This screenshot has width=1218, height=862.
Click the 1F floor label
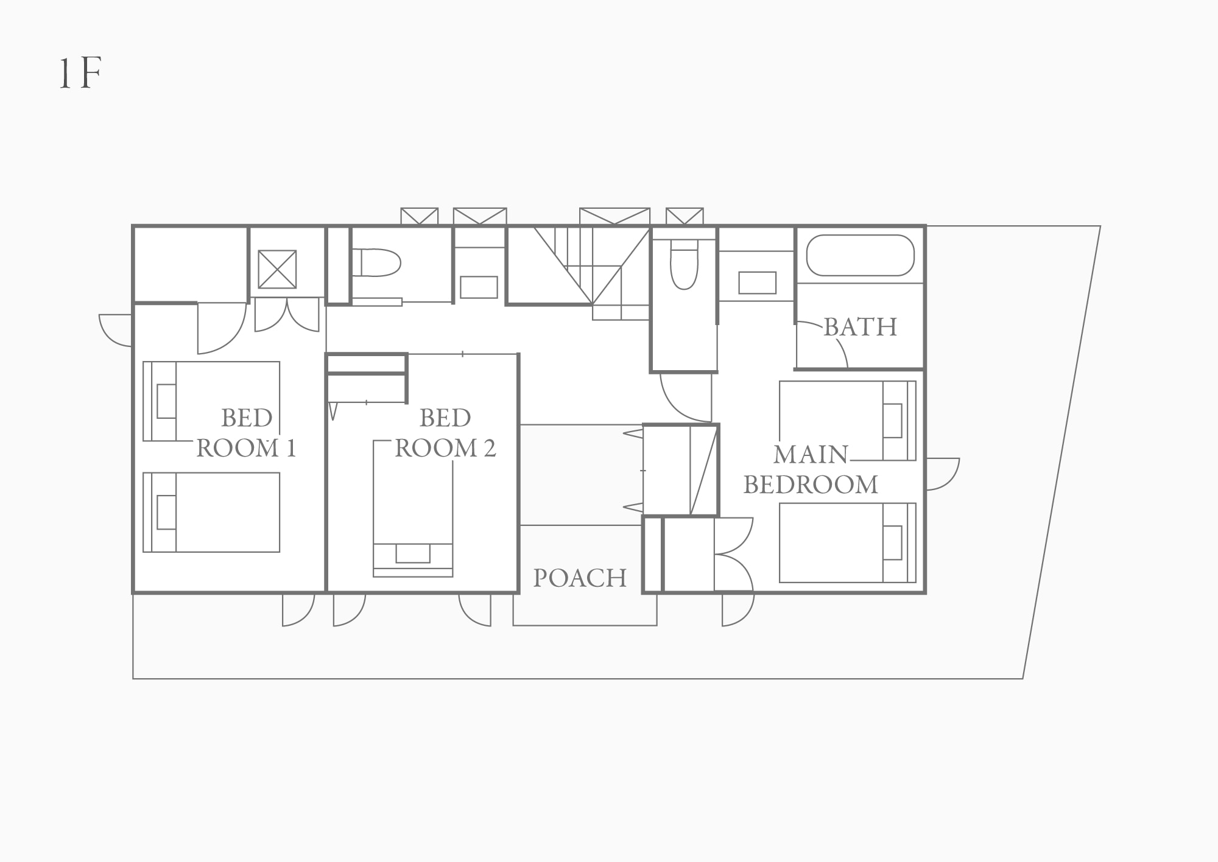[x=80, y=74]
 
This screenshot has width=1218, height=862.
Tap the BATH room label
[x=860, y=327]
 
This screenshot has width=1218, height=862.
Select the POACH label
[x=580, y=578]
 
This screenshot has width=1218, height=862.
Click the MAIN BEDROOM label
[x=811, y=469]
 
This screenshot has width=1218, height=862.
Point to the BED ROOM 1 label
[x=246, y=433]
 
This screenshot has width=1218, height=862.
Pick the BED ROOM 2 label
[x=445, y=433]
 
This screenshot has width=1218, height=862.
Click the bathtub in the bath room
[x=860, y=256]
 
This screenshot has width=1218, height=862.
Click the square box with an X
[x=277, y=269]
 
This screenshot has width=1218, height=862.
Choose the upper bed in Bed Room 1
[x=211, y=401]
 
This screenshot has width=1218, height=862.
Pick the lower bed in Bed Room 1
[x=211, y=512]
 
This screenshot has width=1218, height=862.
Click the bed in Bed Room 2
[x=413, y=508]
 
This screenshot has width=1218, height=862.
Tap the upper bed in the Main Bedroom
[x=848, y=421]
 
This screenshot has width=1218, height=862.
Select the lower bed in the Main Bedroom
[x=848, y=542]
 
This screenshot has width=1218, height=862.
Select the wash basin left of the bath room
[x=757, y=283]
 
